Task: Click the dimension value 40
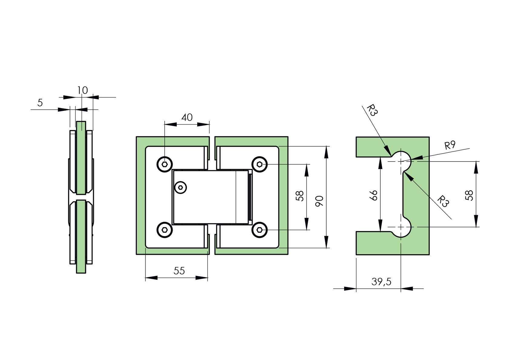pos(187,118)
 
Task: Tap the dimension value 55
pos(179,271)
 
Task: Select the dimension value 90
pos(319,201)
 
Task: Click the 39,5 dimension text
pos(381,282)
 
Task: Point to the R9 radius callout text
pos(450,145)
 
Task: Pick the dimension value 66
pos(374,195)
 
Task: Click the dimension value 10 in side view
pos(82,90)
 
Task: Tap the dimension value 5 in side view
pos(40,103)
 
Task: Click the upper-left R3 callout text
pos(372,110)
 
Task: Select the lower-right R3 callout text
pos(443,201)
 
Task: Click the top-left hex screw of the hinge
pos(165,165)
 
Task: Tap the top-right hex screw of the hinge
pos(260,164)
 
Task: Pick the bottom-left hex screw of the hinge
pos(165,230)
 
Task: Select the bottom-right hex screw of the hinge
pos(260,230)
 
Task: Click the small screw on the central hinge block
pos(181,188)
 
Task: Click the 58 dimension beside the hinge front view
pos(300,196)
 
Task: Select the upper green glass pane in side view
pos(81,158)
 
